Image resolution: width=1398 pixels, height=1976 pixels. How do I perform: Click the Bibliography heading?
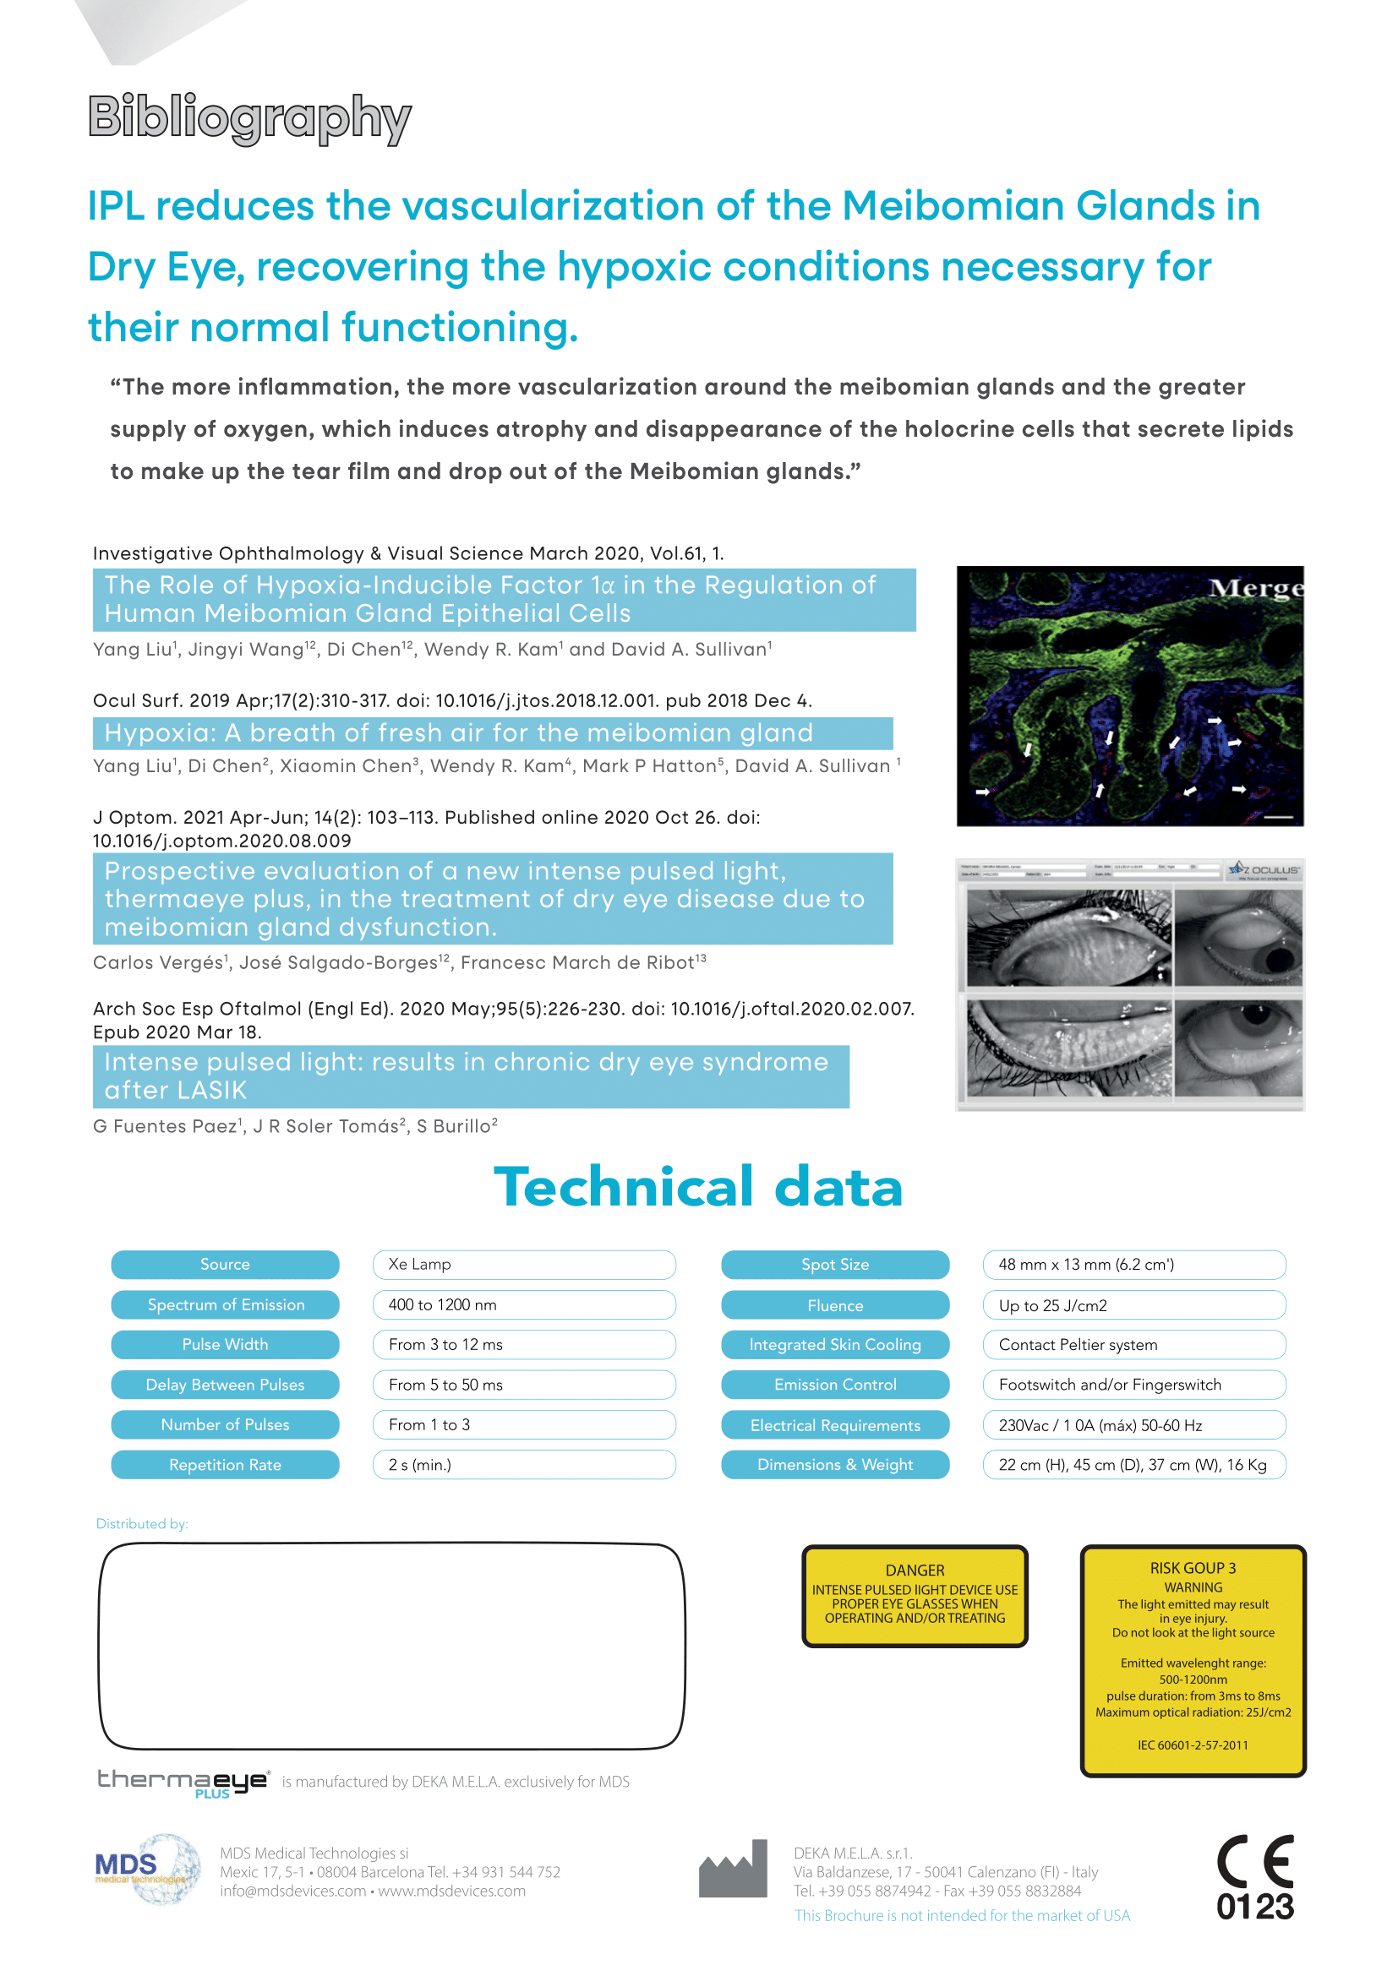coord(249,118)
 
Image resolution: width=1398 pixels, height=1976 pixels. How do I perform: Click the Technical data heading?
coord(698,1187)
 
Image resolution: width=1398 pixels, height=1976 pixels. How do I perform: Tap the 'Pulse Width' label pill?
coord(225,1344)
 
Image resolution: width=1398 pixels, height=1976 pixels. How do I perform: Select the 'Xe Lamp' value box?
coord(523,1265)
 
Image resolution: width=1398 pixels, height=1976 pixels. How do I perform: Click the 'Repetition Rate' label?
coord(225,1465)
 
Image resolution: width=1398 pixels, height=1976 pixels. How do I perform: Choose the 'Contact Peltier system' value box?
coord(1133,1344)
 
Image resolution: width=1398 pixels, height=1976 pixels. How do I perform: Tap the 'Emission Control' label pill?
coord(835,1385)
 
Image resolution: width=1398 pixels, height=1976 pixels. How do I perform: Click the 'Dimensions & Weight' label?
coord(835,1465)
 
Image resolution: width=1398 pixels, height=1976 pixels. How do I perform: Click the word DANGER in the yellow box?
coord(915,1570)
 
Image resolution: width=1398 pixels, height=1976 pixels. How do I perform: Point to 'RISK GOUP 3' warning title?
coord(1193,1568)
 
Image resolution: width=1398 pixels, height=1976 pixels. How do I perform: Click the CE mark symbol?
coord(1255,1862)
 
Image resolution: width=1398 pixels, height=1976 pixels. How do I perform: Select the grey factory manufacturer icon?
coord(733,1870)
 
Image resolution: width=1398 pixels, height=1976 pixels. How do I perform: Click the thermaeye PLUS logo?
coord(183,1783)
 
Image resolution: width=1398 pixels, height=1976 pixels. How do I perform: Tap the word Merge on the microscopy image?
coord(1255,588)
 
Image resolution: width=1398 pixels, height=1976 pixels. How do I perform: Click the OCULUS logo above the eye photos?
coord(1264,870)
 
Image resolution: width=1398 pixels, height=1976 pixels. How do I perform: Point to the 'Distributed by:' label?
coord(142,1524)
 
